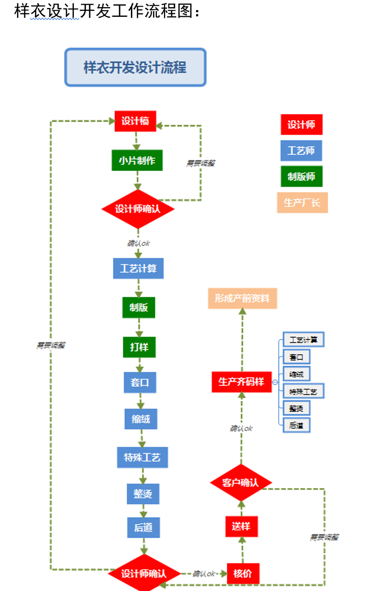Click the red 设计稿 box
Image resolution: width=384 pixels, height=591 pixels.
tap(135, 121)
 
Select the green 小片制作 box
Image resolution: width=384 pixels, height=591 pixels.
tap(137, 160)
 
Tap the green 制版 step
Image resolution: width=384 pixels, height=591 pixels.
tap(139, 307)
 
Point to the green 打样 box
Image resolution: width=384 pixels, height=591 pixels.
tap(139, 347)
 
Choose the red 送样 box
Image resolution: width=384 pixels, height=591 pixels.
tap(241, 526)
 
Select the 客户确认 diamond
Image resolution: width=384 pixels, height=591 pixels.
tap(241, 482)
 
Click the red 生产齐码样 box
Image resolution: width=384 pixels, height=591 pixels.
tap(241, 381)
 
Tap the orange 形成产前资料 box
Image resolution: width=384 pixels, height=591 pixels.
tap(242, 298)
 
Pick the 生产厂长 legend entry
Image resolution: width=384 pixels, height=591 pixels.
tap(302, 202)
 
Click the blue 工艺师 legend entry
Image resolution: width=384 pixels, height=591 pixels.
tap(301, 150)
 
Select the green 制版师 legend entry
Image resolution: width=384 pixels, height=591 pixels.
tap(301, 176)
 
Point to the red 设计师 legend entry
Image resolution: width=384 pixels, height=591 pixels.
tap(301, 124)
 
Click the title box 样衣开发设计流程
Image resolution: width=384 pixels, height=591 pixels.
tap(135, 67)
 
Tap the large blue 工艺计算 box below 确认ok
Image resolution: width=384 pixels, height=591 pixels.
tap(138, 268)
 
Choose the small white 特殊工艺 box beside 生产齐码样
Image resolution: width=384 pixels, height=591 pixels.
tap(303, 392)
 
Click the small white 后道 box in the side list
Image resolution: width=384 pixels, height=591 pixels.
tap(296, 425)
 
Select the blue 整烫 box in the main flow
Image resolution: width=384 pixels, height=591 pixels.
tap(143, 494)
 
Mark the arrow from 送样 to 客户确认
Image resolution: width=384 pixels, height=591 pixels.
tap(242, 507)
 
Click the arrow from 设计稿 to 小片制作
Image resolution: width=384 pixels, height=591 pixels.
tap(136, 140)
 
